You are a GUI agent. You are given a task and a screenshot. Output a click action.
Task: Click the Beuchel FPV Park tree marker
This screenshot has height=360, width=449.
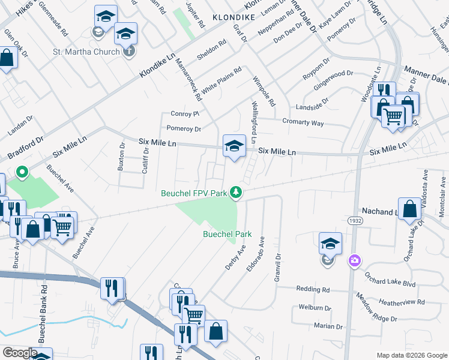[x=237, y=192]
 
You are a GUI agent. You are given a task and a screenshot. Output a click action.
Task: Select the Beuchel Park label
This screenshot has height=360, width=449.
[x=227, y=234]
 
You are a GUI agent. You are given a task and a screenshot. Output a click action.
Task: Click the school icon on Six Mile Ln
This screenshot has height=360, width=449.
[x=234, y=146]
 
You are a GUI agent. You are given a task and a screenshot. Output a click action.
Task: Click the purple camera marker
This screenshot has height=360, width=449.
[x=355, y=260]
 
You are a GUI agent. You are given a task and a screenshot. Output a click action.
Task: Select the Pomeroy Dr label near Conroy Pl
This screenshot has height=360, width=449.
[x=183, y=128]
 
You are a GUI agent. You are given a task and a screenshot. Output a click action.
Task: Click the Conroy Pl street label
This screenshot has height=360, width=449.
[x=184, y=113]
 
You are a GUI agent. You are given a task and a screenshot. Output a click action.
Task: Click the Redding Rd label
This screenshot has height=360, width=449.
[x=313, y=289]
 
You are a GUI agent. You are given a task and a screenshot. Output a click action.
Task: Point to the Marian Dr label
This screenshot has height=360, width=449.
[x=327, y=326]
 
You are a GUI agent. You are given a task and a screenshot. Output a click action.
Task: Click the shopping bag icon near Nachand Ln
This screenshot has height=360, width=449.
[x=409, y=210]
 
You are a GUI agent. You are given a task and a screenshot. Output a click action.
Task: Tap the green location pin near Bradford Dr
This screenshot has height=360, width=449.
[x=22, y=173]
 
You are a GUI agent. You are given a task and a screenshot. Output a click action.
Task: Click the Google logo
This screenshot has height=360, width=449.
[x=19, y=353]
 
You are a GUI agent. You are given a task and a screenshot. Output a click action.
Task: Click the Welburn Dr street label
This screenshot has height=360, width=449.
[x=314, y=307]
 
